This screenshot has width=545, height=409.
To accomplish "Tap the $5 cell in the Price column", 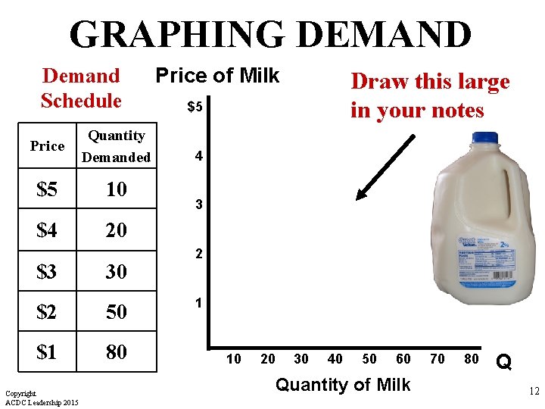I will pyautogui.click(x=47, y=189).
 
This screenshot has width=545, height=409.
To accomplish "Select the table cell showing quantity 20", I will pyautogui.click(x=116, y=229).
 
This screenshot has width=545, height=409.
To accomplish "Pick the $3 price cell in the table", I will pyautogui.click(x=47, y=270).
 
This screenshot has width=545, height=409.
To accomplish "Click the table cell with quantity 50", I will pyautogui.click(x=116, y=311).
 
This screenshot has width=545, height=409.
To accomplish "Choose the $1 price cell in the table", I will pyautogui.click(x=47, y=352).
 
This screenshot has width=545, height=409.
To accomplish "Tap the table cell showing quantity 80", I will pyautogui.click(x=116, y=352).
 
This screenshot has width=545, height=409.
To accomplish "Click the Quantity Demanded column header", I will pyautogui.click(x=116, y=146).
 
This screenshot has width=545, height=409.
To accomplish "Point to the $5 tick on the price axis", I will pyautogui.click(x=195, y=108).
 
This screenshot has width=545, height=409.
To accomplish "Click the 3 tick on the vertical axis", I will pyautogui.click(x=198, y=205).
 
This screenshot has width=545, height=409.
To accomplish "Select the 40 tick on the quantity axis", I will pyautogui.click(x=335, y=359).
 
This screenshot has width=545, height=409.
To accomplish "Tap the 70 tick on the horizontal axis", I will pyautogui.click(x=438, y=359).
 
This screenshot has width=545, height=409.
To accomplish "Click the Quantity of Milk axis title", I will pyautogui.click(x=343, y=385).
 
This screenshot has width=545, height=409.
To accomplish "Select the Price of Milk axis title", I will pyautogui.click(x=217, y=76).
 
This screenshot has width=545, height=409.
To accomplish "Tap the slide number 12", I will pyautogui.click(x=533, y=392).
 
